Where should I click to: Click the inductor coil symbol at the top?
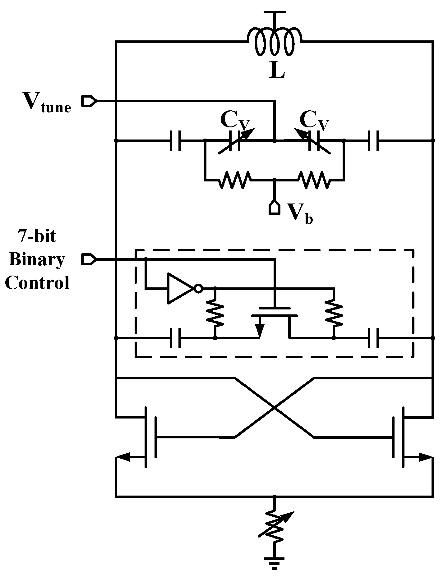click(x=274, y=42)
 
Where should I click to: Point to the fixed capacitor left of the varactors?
click(x=176, y=141)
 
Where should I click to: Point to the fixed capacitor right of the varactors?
click(x=373, y=141)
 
